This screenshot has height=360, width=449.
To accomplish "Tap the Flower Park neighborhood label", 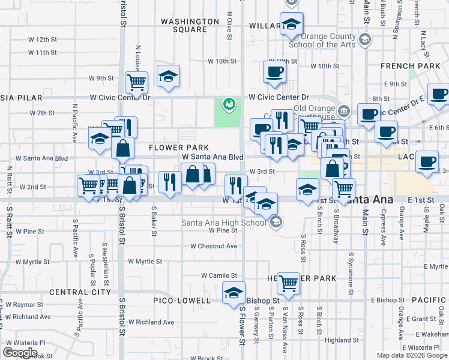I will click(x=179, y=148).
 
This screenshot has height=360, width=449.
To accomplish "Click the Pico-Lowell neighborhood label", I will click(x=181, y=300).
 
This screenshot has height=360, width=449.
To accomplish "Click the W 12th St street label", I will click(x=42, y=40).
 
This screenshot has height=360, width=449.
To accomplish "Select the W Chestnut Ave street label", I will click(x=214, y=246).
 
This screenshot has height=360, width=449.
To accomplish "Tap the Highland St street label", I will click(x=341, y=340).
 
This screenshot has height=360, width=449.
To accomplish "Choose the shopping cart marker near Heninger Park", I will click(x=289, y=283).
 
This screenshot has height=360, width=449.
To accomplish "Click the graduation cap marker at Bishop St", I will click(x=234, y=293).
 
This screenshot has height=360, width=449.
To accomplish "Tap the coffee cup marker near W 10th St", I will click(x=274, y=72).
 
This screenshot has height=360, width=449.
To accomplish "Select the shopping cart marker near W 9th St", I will click(x=137, y=82).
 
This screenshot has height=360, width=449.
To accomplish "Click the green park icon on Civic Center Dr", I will click(x=228, y=104).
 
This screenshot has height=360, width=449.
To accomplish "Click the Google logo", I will click(x=20, y=352).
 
